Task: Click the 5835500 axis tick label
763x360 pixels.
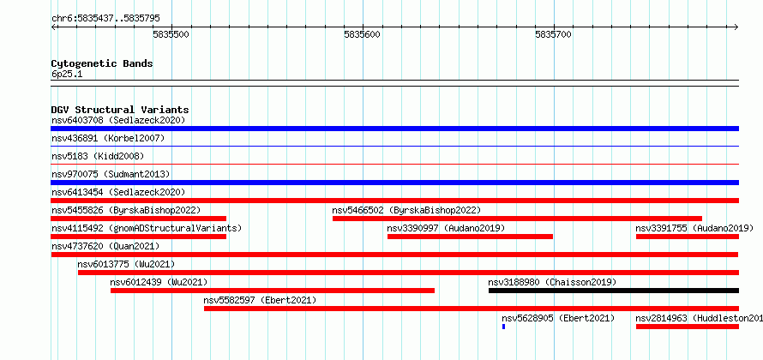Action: point(171,35)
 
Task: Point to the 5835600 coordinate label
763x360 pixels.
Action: point(362,35)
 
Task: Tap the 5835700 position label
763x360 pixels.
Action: point(553,35)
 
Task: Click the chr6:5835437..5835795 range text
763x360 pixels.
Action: point(105,19)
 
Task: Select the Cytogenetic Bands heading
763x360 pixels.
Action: point(102,63)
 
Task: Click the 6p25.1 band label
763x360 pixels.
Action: point(67,75)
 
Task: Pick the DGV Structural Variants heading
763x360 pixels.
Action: point(120,110)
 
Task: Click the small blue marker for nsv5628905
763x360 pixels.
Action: point(503,327)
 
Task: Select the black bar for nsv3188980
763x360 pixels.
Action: point(614,291)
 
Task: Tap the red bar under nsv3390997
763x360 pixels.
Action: point(470,237)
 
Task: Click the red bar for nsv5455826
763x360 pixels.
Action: point(139,219)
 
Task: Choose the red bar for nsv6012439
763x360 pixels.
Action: point(273,291)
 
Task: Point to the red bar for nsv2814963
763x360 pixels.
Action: point(687,327)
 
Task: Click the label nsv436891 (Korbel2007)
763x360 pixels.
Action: point(108,138)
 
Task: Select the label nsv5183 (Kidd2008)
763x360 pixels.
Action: point(98,156)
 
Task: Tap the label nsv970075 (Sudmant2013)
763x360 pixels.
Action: point(111,174)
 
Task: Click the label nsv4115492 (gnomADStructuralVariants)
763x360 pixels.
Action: point(147,228)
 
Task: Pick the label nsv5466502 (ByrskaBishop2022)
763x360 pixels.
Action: point(406,210)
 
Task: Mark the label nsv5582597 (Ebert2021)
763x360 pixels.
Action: point(260,300)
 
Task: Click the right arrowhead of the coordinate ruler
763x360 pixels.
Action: point(736,27)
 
